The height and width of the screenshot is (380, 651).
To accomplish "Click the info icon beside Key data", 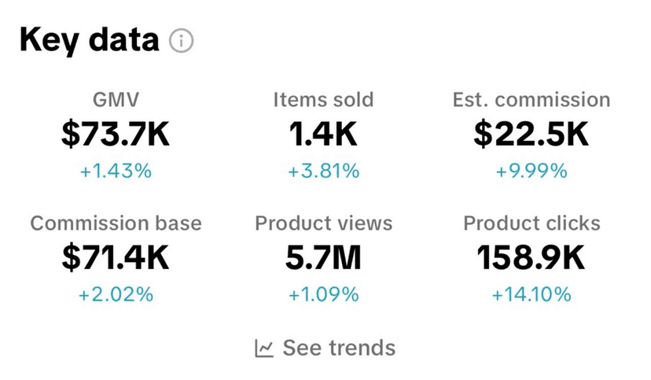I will pos(182,40).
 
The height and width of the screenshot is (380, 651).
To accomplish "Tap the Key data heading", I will pos(89,39).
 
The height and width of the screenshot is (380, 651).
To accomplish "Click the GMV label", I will pos(116,100).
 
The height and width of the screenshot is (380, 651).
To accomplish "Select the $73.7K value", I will pos(116,134).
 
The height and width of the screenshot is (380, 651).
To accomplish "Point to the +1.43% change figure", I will pos(116,170).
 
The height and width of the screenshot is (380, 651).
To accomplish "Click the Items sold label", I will pos(323,100).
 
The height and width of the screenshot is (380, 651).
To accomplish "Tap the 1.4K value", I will pos(323,134).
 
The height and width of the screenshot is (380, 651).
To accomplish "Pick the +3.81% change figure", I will pos(323,170).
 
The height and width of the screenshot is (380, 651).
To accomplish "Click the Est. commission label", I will pos(531,100).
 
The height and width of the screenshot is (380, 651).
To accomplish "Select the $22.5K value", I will pos(531,134).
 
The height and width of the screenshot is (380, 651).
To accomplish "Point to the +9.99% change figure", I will pos(531,170).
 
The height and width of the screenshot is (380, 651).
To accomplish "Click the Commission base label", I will pos(116,223).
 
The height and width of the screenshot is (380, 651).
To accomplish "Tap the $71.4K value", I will pos(116,258).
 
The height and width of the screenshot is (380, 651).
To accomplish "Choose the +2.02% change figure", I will pos(116,294).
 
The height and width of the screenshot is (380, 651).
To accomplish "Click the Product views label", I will pos(323,223).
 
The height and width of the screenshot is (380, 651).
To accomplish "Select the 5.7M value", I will pos(323,258).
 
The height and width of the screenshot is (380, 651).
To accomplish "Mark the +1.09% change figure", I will pos(323,294).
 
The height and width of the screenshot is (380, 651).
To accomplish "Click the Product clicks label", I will pos(531,223).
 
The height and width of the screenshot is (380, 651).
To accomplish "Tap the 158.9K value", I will pos(531,258).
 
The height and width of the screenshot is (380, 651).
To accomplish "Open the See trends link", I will pos(325,347).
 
